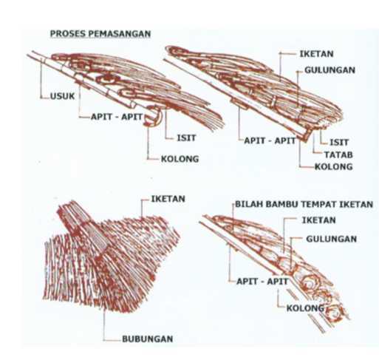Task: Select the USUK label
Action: click(x=62, y=96)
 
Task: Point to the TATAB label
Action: click(x=338, y=154)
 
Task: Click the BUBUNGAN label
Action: click(x=148, y=339)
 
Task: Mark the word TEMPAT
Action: click(x=319, y=204)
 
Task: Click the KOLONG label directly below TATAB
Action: click(x=334, y=167)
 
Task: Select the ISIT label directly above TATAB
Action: click(x=339, y=143)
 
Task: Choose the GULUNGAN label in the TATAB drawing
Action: click(x=330, y=70)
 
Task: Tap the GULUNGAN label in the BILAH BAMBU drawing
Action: click(x=331, y=239)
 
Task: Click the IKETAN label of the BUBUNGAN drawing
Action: click(x=168, y=199)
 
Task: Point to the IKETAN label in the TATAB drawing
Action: click(x=316, y=54)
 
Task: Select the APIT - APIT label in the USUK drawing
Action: click(x=117, y=117)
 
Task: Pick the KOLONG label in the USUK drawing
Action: click(x=180, y=159)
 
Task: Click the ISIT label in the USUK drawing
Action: click(x=186, y=138)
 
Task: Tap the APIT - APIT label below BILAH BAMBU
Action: click(x=262, y=282)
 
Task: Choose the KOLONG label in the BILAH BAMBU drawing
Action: click(x=305, y=308)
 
